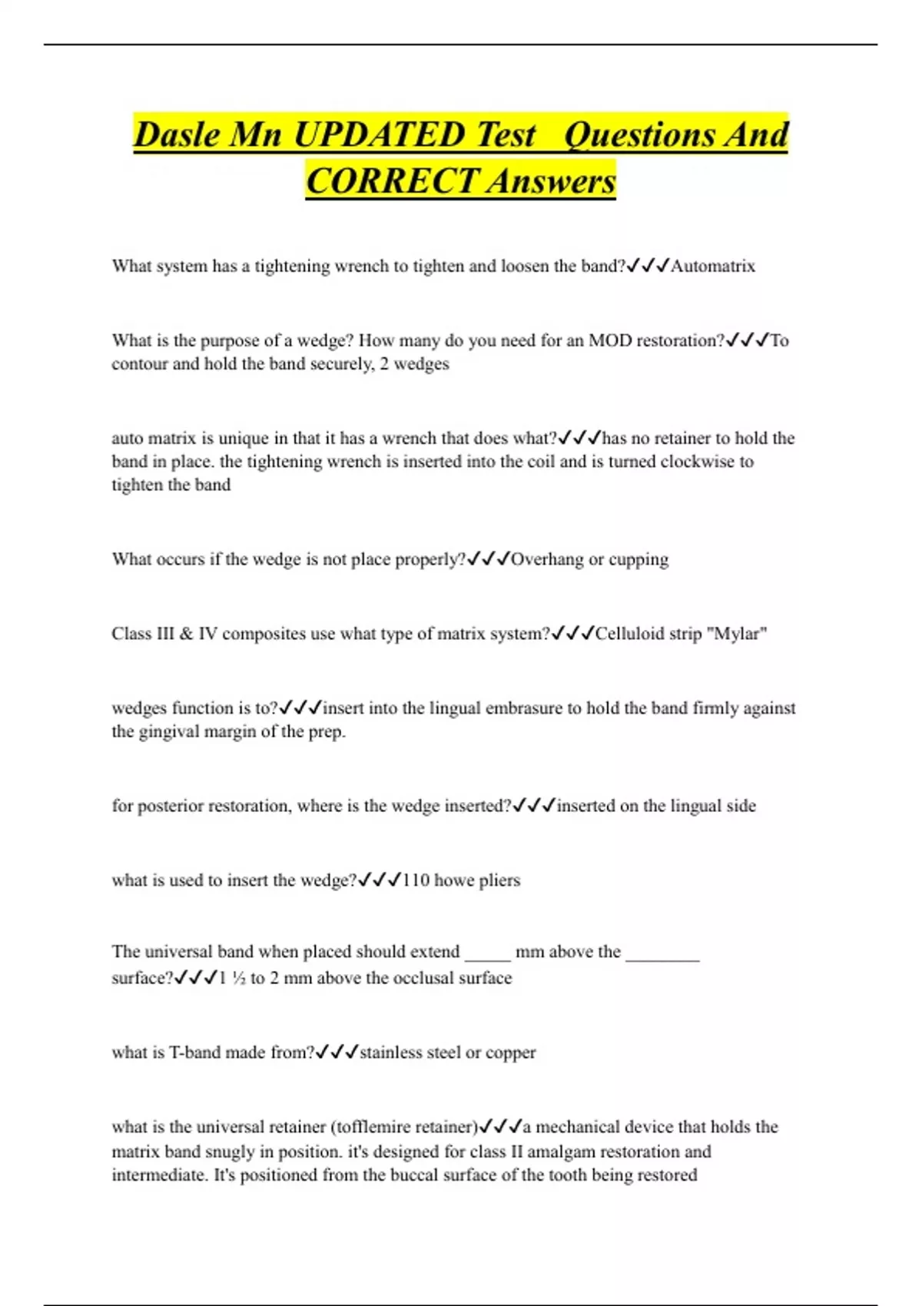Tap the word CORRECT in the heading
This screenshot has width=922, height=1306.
[x=390, y=181]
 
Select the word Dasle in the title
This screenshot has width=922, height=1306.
[x=177, y=135]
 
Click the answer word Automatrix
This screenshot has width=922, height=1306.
[x=713, y=267]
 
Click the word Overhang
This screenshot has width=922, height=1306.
[x=547, y=559]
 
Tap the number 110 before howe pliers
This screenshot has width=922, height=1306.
[x=416, y=880]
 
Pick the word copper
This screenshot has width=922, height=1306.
[x=511, y=1052]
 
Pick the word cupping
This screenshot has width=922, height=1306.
[x=638, y=560]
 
